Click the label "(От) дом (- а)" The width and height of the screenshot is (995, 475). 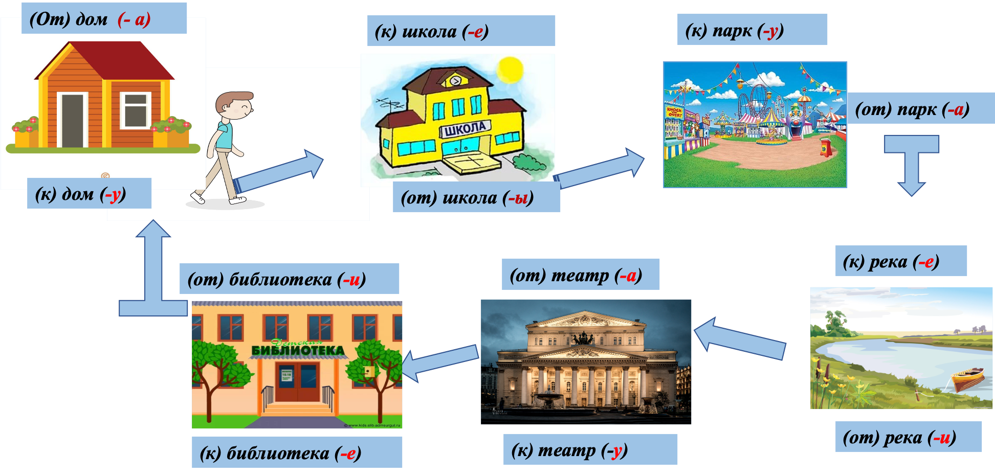103,19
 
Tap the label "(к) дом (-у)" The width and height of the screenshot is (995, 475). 89,194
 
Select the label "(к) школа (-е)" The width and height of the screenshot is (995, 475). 460,31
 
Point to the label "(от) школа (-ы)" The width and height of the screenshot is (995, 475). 476,197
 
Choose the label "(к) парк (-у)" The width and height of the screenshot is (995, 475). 751,30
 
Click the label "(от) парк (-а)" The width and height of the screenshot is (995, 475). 920,108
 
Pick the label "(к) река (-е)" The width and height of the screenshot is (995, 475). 900,261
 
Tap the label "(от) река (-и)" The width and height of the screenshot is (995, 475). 908,437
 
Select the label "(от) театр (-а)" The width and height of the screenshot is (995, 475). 580,275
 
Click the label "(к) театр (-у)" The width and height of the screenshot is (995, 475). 590,449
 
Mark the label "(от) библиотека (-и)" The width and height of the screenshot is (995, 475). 289,279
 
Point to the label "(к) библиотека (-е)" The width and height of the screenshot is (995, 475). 297,453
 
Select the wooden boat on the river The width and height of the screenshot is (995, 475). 968,379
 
